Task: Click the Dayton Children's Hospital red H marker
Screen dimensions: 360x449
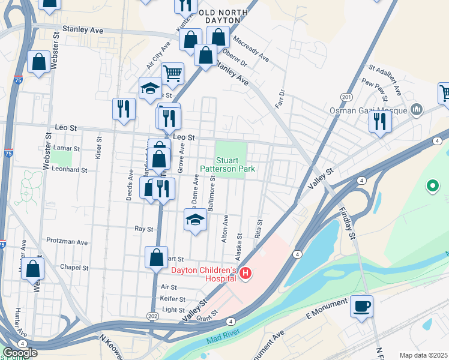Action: tap(245, 274)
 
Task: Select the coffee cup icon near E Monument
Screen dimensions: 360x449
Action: tap(361, 306)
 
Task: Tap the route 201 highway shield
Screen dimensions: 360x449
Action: tap(346, 97)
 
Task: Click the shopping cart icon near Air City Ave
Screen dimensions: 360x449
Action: tap(172, 73)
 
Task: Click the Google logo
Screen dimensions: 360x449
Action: tap(20, 352)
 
